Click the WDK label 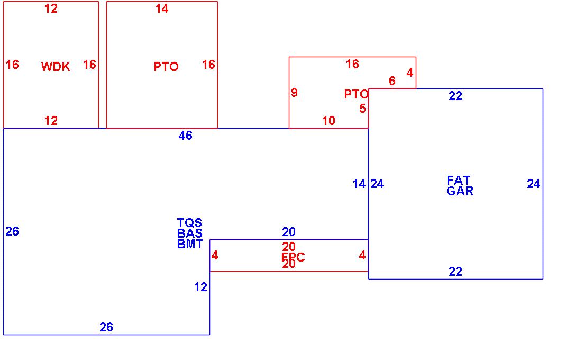pyautogui.click(x=56, y=67)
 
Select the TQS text pyautogui.click(x=189, y=223)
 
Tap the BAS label pyautogui.click(x=190, y=233)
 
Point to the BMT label pyautogui.click(x=190, y=244)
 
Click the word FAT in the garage pyautogui.click(x=459, y=181)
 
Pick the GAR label pyautogui.click(x=460, y=191)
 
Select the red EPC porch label pyautogui.click(x=293, y=257)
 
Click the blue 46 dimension pyautogui.click(x=185, y=136)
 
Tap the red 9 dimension pyautogui.click(x=294, y=93)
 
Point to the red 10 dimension pyautogui.click(x=328, y=121)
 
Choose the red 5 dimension pyautogui.click(x=362, y=109)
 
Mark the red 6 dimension pyautogui.click(x=392, y=81)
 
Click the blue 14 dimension pyautogui.click(x=359, y=184)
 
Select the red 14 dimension pyautogui.click(x=162, y=8)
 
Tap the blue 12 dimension pyautogui.click(x=200, y=287)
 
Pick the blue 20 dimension pyautogui.click(x=289, y=232)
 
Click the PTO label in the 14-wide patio pyautogui.click(x=166, y=67)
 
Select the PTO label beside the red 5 pyautogui.click(x=356, y=94)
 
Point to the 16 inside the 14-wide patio pyautogui.click(x=208, y=65)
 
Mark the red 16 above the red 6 pyautogui.click(x=352, y=64)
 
